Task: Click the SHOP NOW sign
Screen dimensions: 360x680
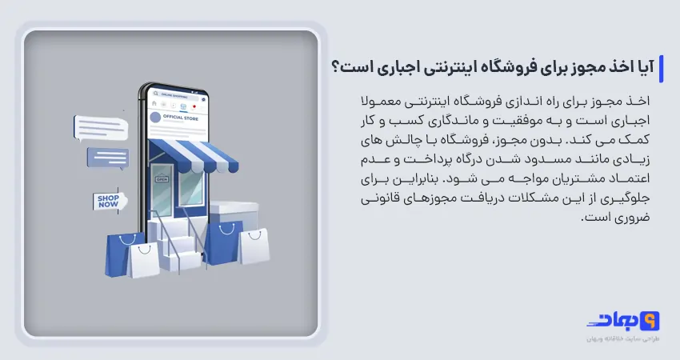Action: [x=107, y=201]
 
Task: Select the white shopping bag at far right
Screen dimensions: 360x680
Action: [x=254, y=245]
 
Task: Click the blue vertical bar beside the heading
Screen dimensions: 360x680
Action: [x=660, y=68]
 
